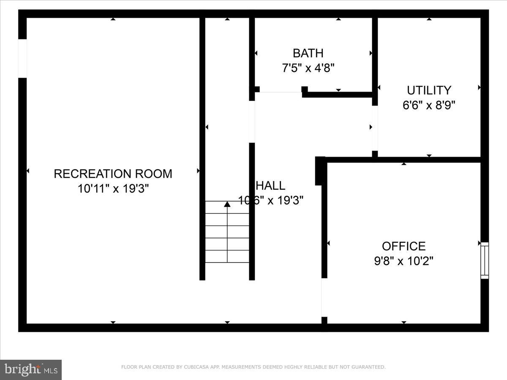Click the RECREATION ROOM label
[x=113, y=174]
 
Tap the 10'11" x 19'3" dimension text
[x=113, y=188]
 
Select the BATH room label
[x=308, y=53]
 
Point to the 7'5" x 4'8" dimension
[x=308, y=68]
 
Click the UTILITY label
[x=429, y=90]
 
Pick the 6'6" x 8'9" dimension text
[x=429, y=105]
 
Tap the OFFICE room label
[x=403, y=246]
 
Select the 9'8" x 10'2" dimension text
[x=403, y=261]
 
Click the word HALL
[x=271, y=185]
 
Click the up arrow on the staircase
[x=227, y=205]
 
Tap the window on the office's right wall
[x=485, y=260]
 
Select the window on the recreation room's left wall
[x=22, y=58]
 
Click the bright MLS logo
[x=31, y=369]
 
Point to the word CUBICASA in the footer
[x=194, y=367]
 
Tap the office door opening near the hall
[x=324, y=298]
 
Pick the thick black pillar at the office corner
[x=320, y=171]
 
